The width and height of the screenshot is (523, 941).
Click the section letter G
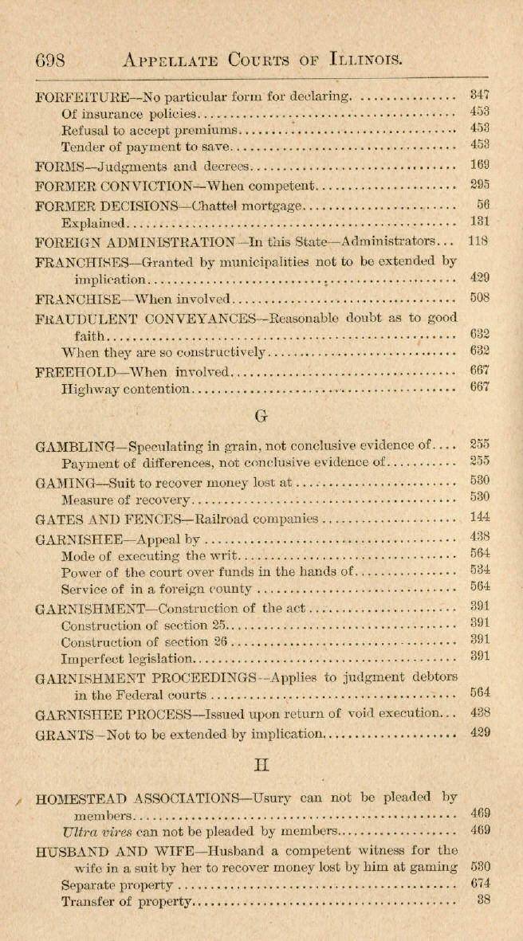(x=261, y=415)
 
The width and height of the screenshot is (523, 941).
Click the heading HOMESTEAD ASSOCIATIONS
(x=136, y=797)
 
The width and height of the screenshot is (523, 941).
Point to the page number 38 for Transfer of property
(x=482, y=900)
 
